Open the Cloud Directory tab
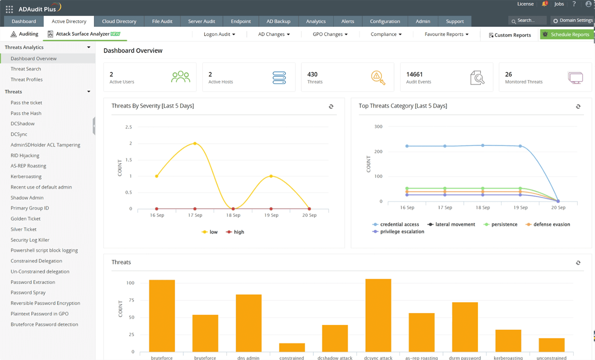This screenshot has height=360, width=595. [x=119, y=21]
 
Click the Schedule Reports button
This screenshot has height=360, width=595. [x=567, y=34]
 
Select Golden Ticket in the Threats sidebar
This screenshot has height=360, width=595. [x=26, y=218]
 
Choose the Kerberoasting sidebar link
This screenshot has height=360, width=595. [x=26, y=176]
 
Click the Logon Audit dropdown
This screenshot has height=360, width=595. [x=219, y=34]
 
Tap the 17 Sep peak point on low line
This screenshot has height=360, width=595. [x=195, y=143]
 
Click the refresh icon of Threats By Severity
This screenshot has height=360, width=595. [x=331, y=106]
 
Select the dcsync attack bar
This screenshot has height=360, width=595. [x=378, y=315]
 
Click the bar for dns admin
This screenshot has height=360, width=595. [x=248, y=323]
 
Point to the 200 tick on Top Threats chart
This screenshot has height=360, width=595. [x=378, y=151]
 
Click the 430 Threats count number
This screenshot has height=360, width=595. [x=312, y=74]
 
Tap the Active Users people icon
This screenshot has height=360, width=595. [x=181, y=77]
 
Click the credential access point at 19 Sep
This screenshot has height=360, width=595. [x=520, y=146]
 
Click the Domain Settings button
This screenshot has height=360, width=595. [x=573, y=20]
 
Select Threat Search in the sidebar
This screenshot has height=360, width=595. [x=26, y=69]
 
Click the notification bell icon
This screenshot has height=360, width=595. [x=544, y=4]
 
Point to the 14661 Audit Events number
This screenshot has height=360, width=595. [x=414, y=74]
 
